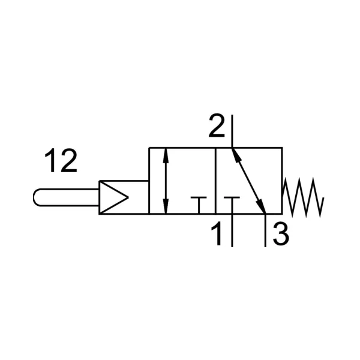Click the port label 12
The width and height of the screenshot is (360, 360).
pyautogui.click(x=61, y=160)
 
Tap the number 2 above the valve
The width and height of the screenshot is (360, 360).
pyautogui.click(x=217, y=125)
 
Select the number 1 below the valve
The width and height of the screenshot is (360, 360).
pyautogui.click(x=217, y=234)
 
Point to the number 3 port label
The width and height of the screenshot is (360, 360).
pyautogui.click(x=281, y=234)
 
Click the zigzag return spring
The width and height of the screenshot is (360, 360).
pyautogui.click(x=303, y=197)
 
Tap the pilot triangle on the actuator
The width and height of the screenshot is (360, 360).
pyautogui.click(x=113, y=197)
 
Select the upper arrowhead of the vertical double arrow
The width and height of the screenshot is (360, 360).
pyautogui.click(x=166, y=155)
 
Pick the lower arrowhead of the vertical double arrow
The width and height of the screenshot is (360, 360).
pyautogui.click(x=166, y=206)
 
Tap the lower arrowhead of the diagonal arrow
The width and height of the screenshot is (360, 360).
pyautogui.click(x=261, y=206)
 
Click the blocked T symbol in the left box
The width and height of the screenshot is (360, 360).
pyautogui.click(x=199, y=205)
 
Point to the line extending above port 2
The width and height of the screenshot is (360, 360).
pyautogui.click(x=232, y=131)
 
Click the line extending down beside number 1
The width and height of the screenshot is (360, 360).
pyautogui.click(x=232, y=230)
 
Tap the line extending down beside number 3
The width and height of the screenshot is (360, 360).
pyautogui.click(x=265, y=230)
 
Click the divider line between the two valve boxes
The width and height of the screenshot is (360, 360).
pyautogui.click(x=215, y=181)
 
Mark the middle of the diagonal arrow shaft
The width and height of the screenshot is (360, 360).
pyautogui.click(x=248, y=181)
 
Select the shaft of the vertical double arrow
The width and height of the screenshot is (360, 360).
pyautogui.click(x=166, y=181)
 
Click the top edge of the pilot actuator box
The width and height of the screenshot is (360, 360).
pyautogui.click(x=124, y=181)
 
